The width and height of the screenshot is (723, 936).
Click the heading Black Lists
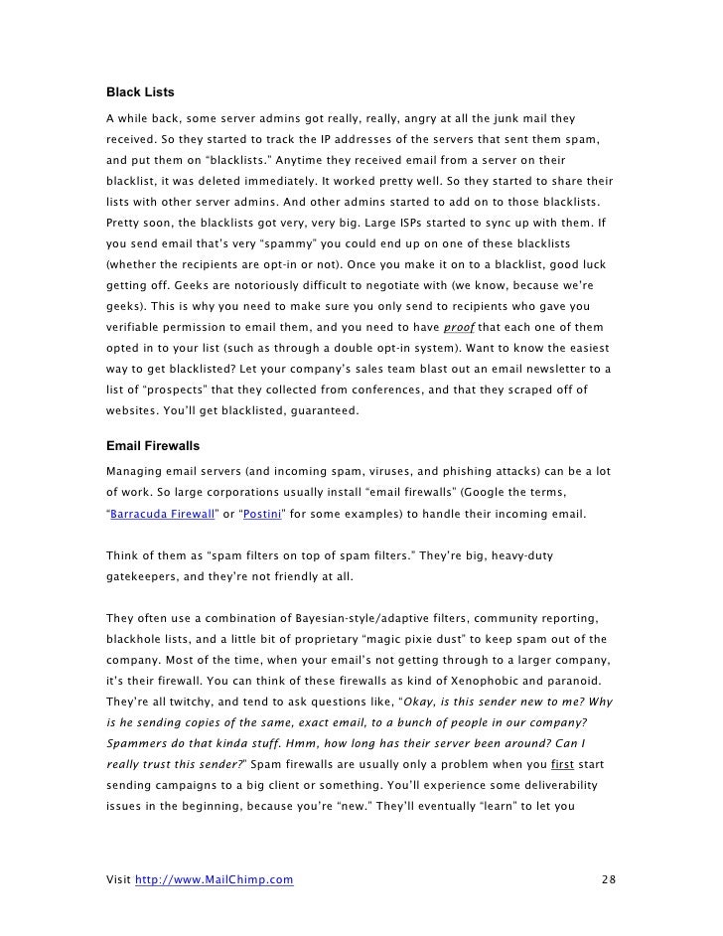click(x=140, y=92)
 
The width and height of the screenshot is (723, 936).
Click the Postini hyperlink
click(x=263, y=515)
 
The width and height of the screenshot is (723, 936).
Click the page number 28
click(x=609, y=879)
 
